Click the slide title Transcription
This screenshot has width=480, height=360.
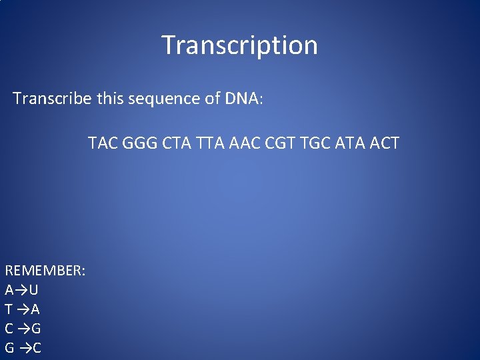(240, 45)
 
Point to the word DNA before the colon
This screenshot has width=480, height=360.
(243, 99)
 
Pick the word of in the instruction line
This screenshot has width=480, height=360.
(209, 99)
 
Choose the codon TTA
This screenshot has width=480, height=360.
(210, 143)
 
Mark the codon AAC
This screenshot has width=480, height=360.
(245, 143)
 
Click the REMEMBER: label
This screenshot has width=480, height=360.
(45, 271)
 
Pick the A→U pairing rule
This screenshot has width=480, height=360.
(21, 290)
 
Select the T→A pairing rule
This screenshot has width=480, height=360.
(23, 309)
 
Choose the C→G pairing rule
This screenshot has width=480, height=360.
(23, 329)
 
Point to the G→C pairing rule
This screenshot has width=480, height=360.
(23, 348)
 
